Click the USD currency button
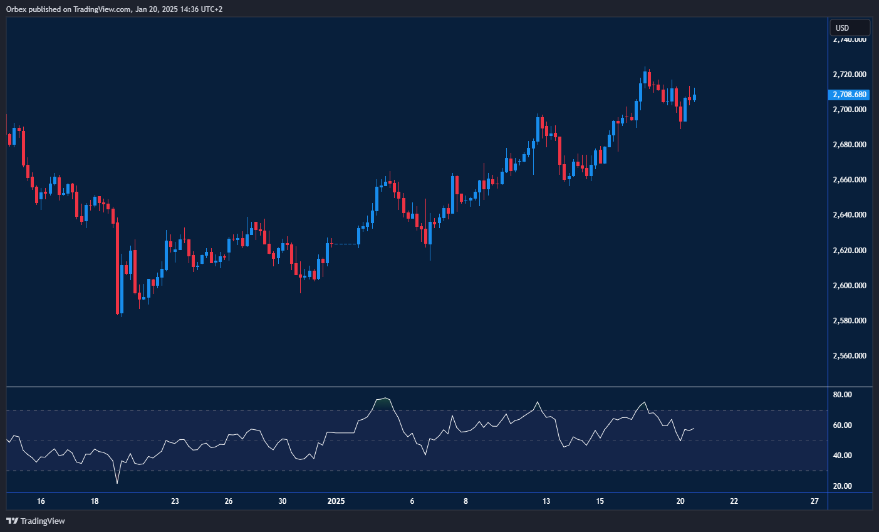pos(850,28)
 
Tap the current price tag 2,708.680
pos(850,95)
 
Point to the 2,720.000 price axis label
pos(850,75)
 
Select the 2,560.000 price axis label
pos(850,356)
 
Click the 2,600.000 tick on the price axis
pos(850,286)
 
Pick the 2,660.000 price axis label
pos(850,180)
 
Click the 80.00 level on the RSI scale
pos(843,395)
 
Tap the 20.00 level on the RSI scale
pos(843,486)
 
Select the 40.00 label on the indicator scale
pos(843,456)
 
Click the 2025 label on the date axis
pos(336,501)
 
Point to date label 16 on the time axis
pos(41,501)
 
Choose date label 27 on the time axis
pos(814,501)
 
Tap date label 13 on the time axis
pos(546,501)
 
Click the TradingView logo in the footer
pos(36,521)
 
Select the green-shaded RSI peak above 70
pos(382,402)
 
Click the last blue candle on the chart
pos(694,96)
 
